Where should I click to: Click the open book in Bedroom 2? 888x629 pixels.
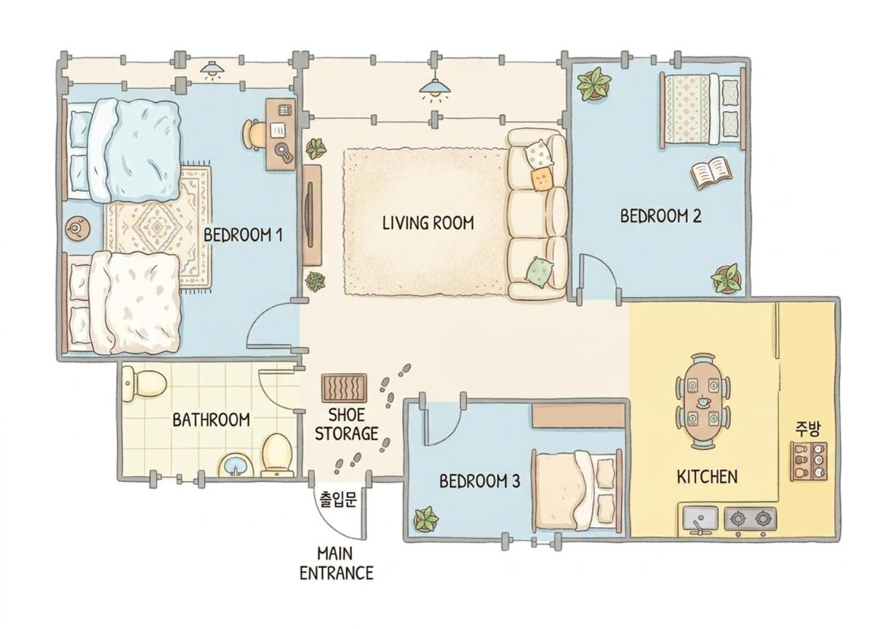(711, 173)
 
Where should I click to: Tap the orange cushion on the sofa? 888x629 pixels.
(542, 178)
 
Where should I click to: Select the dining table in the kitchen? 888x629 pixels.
(703, 401)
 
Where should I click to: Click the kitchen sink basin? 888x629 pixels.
(700, 518)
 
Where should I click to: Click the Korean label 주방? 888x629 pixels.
(808, 429)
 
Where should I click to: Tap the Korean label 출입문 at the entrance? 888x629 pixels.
(338, 499)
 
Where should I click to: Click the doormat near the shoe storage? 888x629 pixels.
(344, 388)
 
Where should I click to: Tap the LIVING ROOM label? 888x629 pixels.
(428, 223)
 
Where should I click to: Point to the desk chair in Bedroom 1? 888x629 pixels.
(254, 135)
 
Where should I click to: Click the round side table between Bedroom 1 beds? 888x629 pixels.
(77, 228)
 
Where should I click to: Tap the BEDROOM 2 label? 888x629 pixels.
(660, 216)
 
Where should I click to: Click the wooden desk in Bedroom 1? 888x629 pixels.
(281, 134)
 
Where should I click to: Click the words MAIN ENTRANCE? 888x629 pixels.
(337, 563)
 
